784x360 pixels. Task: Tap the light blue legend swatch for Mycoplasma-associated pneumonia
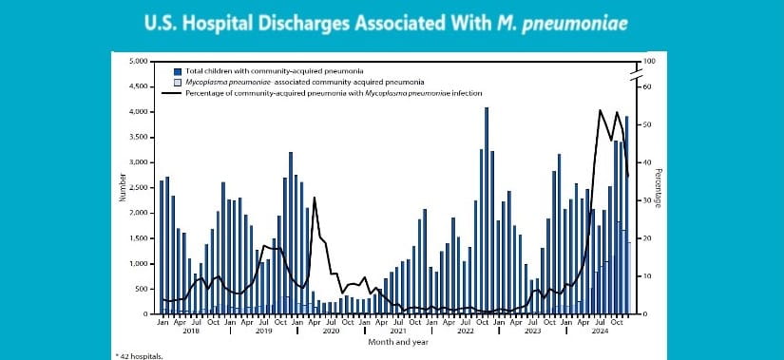178,83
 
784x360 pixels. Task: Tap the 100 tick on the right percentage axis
649,62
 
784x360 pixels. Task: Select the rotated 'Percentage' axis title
660,187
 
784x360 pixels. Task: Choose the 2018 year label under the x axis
190,332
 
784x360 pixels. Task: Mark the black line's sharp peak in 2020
315,198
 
